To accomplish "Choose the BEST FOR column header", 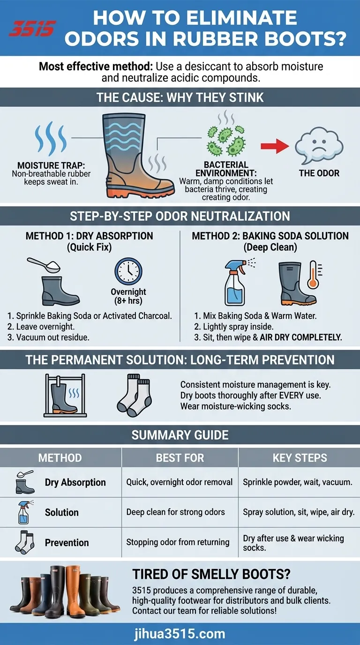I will click(x=180, y=457).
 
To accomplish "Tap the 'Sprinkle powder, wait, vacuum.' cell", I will click(x=297, y=482).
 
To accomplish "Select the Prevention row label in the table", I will click(x=67, y=542).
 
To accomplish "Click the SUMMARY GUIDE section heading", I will click(x=180, y=435).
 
